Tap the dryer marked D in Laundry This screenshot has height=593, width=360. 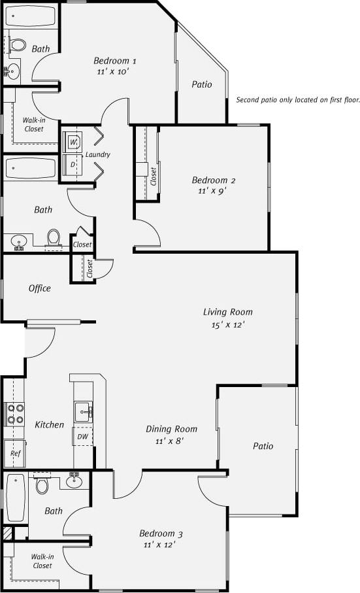tap(73, 164)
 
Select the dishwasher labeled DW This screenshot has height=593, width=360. tap(83, 436)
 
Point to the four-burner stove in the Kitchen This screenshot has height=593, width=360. tap(15, 415)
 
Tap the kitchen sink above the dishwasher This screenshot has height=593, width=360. tap(84, 411)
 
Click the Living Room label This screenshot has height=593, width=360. tap(227, 312)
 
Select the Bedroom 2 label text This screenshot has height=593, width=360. tap(214, 180)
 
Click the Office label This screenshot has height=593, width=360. tap(39, 288)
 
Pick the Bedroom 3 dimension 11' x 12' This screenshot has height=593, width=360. tap(159, 544)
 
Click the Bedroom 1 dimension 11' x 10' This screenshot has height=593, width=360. tap(115, 72)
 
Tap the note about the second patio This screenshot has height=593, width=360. tap(298, 101)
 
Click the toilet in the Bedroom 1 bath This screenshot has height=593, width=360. tap(19, 45)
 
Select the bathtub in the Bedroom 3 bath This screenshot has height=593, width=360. tap(16, 497)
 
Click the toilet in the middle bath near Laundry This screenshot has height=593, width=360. tap(54, 237)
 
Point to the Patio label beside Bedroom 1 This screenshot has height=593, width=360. tap(202, 84)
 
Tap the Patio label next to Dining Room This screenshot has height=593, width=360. tap(263, 446)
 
